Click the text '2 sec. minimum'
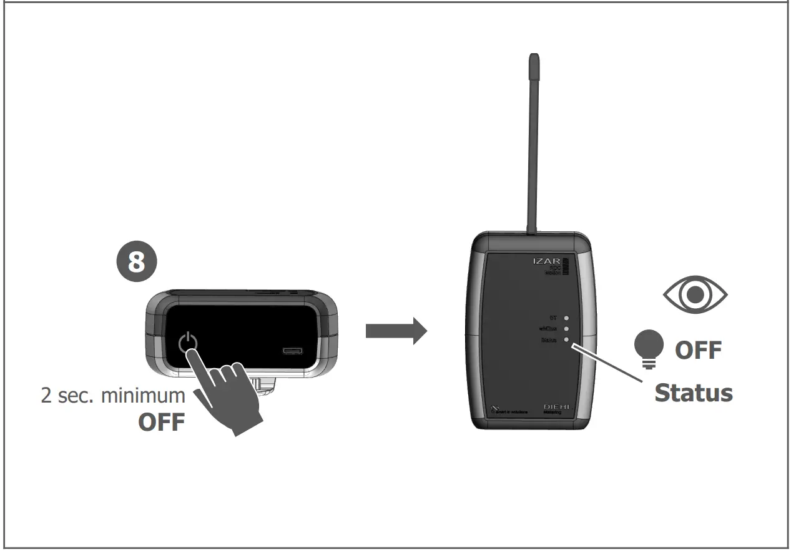tap(113, 395)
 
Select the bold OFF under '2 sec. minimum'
tap(162, 422)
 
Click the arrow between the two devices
tap(396, 331)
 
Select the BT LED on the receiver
tap(566, 318)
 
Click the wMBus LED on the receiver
tap(566, 329)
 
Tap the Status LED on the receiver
tap(566, 340)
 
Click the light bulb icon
tap(649, 346)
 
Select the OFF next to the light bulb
tap(698, 349)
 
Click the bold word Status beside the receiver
tap(693, 393)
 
